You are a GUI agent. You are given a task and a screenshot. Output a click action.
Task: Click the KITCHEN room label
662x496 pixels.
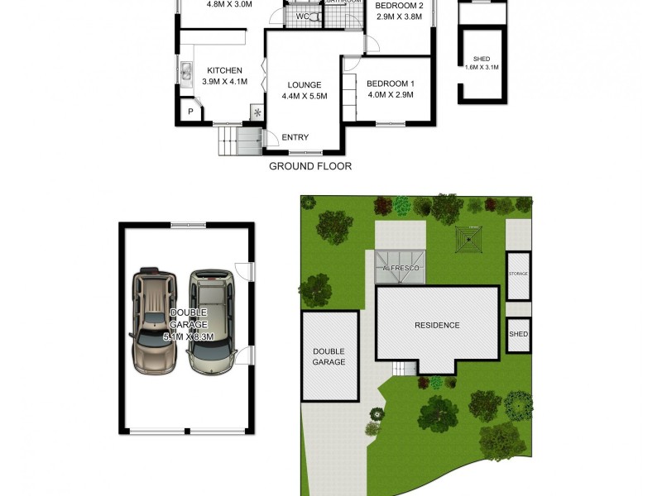tap(224, 70)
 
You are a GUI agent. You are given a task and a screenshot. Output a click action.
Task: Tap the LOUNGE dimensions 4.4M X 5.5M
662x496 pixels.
tap(305, 96)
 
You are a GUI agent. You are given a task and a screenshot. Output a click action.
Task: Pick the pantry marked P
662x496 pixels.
tap(190, 112)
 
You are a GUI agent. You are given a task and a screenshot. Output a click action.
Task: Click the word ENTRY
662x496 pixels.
tap(295, 137)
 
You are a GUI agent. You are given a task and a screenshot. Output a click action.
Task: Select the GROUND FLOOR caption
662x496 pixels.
tap(310, 166)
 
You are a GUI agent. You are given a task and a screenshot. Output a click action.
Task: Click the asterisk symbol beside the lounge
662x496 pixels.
tap(257, 113)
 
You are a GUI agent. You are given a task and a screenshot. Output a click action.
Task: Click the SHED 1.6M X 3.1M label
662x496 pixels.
tap(482, 63)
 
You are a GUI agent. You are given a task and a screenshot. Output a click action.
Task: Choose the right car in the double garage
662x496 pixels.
tap(210, 320)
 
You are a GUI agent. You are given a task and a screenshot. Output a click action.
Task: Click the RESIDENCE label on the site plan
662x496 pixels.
tap(437, 325)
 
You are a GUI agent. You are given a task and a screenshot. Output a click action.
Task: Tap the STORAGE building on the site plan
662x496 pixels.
tap(518, 274)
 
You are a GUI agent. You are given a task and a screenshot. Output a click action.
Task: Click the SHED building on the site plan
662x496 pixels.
tap(518, 334)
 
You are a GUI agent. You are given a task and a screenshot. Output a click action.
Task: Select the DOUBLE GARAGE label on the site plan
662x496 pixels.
tap(329, 356)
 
